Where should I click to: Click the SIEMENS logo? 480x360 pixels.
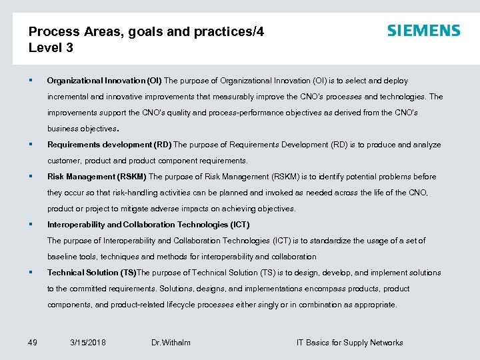[x=423, y=31]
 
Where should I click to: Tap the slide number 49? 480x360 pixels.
[x=33, y=343]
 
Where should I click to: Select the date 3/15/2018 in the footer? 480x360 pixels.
[x=87, y=343]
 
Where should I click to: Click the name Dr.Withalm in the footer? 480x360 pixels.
[x=171, y=343]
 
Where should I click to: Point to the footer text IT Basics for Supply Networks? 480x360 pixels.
[x=349, y=343]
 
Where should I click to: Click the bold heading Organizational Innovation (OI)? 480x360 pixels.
[x=104, y=81]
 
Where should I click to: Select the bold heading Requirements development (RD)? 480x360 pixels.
[x=109, y=145]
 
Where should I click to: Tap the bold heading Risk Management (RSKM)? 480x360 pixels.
[x=97, y=177]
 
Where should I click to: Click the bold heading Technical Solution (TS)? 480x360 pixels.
[x=91, y=273]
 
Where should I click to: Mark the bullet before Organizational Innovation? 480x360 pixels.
[x=31, y=81]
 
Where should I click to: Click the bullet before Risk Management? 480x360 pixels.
[x=31, y=177]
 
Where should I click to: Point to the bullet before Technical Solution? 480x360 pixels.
[x=31, y=273]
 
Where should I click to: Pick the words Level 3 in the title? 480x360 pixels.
[x=51, y=48]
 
